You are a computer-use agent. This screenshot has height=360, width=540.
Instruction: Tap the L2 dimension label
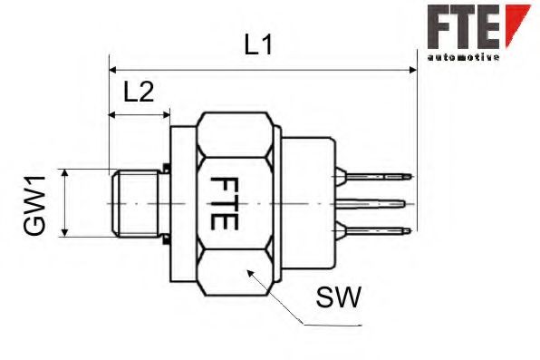[139, 91]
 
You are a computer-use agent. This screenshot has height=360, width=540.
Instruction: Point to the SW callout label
[340, 296]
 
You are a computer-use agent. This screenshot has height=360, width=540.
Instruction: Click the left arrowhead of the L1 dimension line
[113, 69]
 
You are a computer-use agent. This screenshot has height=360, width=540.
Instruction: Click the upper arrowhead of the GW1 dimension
[65, 172]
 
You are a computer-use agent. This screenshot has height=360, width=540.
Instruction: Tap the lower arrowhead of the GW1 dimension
[65, 233]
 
